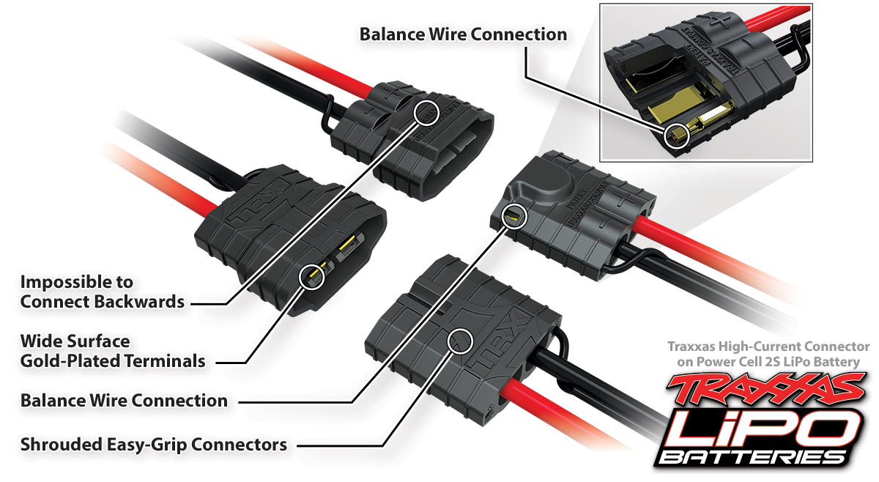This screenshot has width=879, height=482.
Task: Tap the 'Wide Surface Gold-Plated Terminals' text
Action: [x=112, y=350]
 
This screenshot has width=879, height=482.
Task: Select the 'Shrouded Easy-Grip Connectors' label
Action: [x=153, y=444]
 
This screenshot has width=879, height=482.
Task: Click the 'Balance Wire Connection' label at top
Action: [x=463, y=34]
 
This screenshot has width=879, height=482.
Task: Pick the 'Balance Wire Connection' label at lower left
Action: [x=124, y=401]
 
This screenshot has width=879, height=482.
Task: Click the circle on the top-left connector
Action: [x=426, y=112]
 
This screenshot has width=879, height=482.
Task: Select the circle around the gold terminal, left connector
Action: [x=313, y=277]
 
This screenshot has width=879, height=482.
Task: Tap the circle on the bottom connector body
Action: [x=461, y=339]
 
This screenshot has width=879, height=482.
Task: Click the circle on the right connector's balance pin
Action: [x=514, y=216]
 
